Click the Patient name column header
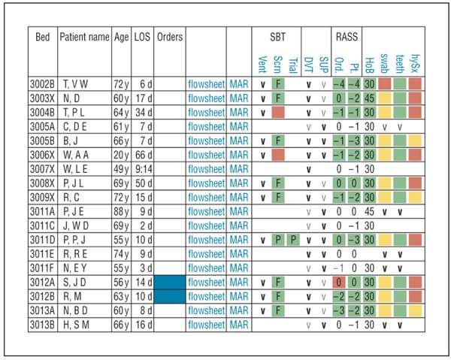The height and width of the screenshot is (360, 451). click(84, 38)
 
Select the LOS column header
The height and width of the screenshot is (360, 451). click(142, 38)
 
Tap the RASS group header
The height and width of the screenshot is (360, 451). click(347, 37)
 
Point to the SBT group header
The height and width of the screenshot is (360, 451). click(277, 37)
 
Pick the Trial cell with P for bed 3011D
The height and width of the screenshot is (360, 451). click(294, 240)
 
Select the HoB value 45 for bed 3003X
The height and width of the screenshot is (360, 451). click(369, 97)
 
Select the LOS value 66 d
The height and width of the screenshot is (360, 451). click(142, 154)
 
